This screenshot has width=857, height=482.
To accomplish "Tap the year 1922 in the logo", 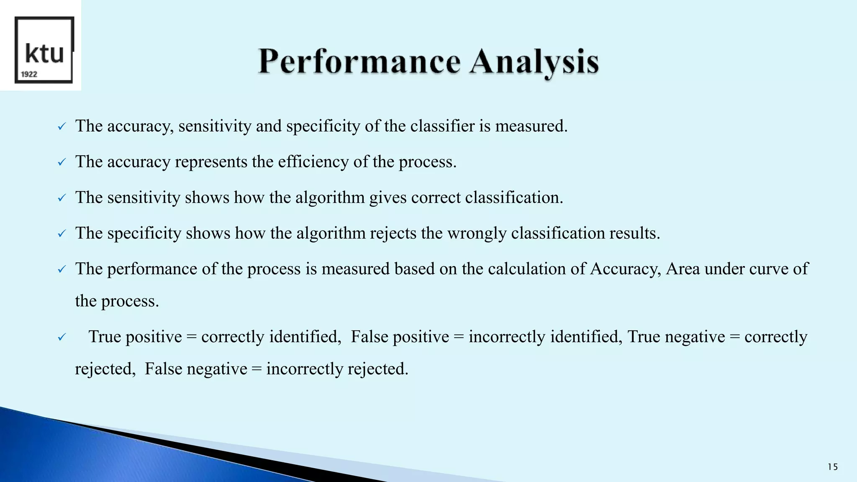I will click(x=29, y=74).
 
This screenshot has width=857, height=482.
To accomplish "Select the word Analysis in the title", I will click(x=534, y=62).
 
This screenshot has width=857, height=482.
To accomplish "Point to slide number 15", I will click(x=832, y=467).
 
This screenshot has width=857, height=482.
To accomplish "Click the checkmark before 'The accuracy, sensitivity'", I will click(x=62, y=126).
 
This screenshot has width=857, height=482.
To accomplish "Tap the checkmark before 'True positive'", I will click(x=62, y=337).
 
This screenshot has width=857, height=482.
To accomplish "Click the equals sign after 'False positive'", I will click(x=459, y=337).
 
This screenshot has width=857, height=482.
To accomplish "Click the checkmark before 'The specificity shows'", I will click(x=62, y=233).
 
